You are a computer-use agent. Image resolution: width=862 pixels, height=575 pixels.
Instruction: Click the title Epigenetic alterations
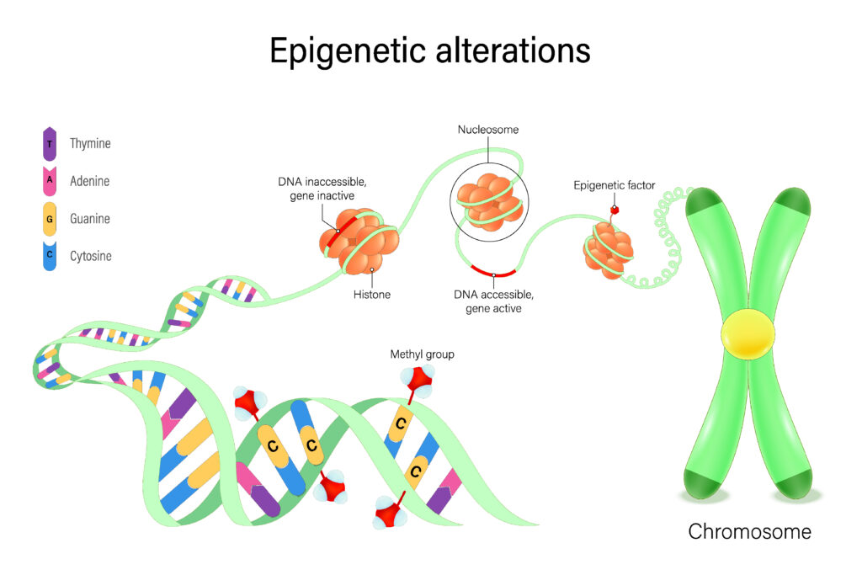pos(430,51)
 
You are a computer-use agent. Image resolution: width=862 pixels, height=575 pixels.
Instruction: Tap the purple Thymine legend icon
pos(50,144)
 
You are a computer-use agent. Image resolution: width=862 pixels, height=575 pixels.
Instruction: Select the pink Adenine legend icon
pos(50,181)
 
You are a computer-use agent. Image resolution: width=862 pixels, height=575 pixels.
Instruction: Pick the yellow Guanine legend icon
pos(50,219)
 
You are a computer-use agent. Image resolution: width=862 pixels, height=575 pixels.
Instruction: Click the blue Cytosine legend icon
pos(50,256)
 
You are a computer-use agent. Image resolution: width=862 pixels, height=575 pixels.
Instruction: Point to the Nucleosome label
pos(488,130)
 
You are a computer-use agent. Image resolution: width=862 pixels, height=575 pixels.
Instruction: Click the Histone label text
pos(371,295)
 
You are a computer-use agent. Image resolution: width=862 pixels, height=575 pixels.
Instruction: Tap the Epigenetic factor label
pos(614,185)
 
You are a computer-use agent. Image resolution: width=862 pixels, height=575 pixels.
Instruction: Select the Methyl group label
pos(422,354)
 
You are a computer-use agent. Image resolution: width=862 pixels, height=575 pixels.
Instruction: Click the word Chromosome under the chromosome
pos(750,532)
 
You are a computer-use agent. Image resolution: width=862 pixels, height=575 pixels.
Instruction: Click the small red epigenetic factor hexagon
pos(615,209)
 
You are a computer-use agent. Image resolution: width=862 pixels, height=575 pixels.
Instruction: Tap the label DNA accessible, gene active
pos(493,301)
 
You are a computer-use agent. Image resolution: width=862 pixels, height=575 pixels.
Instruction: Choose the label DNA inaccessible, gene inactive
pos(316,189)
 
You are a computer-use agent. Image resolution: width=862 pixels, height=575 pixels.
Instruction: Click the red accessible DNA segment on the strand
pos(493,272)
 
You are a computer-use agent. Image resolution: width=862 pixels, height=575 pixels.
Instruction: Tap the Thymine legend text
pos(90,144)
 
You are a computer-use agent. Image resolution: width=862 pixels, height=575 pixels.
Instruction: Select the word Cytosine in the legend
pos(91,256)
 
